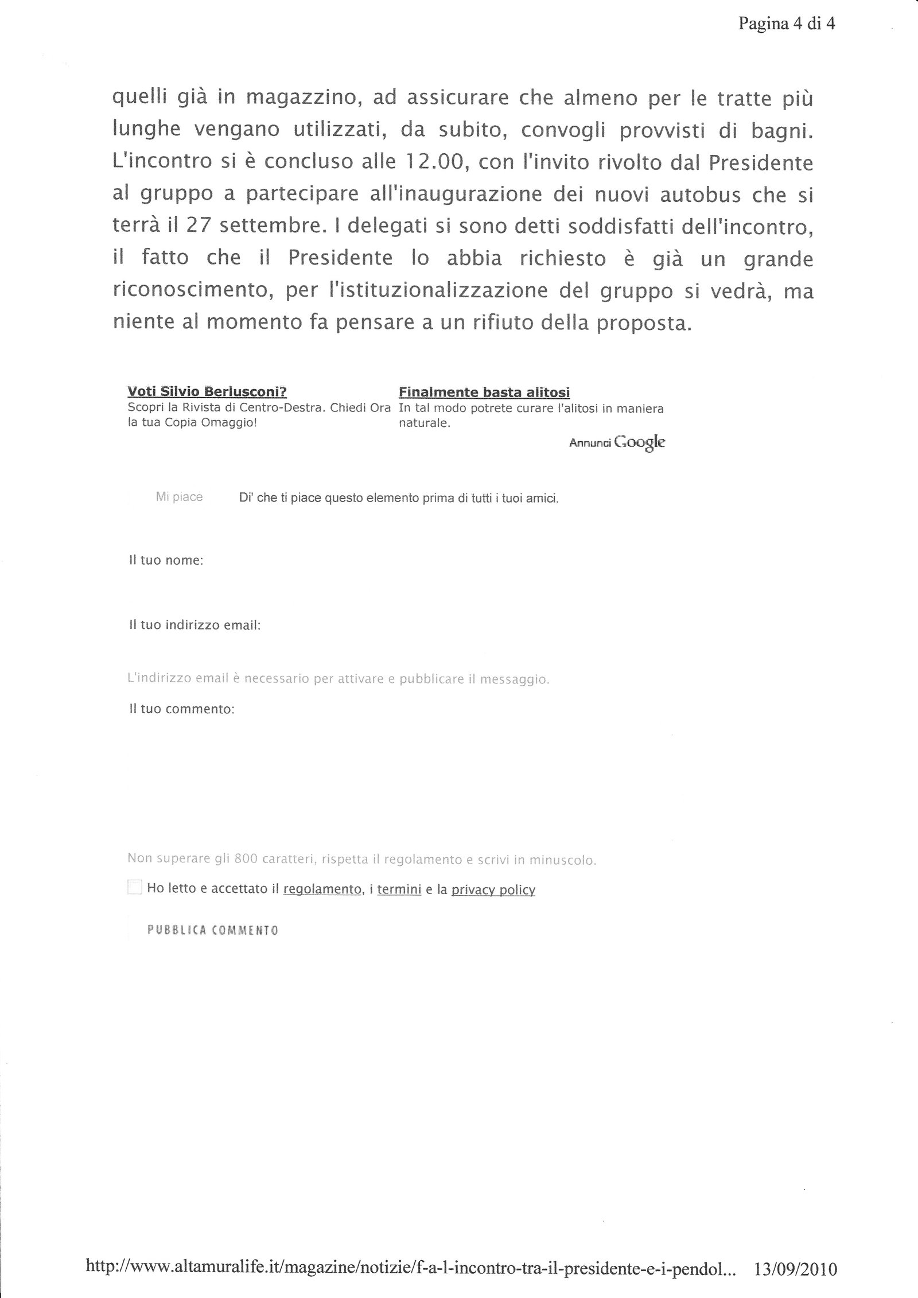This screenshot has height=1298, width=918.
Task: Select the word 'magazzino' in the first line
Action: [x=302, y=99]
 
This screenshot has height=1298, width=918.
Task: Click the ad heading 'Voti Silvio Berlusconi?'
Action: [x=207, y=392]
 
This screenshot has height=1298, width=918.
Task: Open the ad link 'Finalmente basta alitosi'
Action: [x=484, y=392]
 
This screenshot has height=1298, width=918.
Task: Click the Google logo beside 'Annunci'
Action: [x=639, y=442]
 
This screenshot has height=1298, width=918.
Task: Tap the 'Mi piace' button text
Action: [x=179, y=497]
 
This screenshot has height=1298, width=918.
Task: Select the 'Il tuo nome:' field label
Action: [x=166, y=560]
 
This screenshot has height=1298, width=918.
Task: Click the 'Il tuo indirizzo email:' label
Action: [x=195, y=625]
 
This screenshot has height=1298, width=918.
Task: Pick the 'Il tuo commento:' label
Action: [x=181, y=709]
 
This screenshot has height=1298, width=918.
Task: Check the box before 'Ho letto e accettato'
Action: [x=134, y=887]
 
